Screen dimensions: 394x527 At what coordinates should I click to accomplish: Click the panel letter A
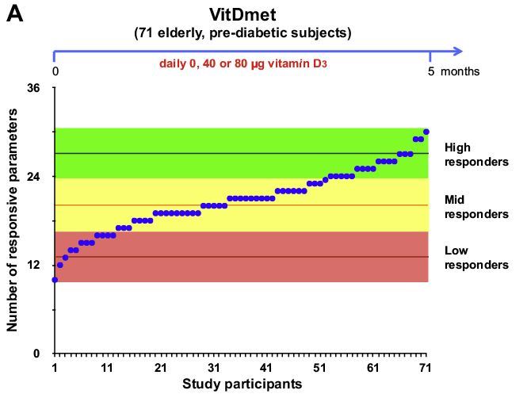pyautogui.click(x=15, y=14)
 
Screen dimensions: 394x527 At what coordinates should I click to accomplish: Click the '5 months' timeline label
pyautogui.click(x=454, y=71)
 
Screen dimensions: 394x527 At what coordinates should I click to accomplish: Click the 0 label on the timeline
pyautogui.click(x=55, y=71)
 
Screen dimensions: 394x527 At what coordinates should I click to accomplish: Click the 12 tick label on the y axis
pyautogui.click(x=34, y=265)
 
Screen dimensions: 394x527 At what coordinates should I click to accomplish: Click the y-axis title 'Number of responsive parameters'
pyautogui.click(x=13, y=220)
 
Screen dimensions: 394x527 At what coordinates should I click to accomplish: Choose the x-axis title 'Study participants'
pyautogui.click(x=242, y=384)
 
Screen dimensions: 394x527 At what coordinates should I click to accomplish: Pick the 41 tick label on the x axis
pyautogui.click(x=266, y=369)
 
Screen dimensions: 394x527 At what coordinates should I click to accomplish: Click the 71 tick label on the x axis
pyautogui.click(x=426, y=369)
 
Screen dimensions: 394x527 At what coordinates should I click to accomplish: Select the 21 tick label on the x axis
pyautogui.click(x=160, y=369)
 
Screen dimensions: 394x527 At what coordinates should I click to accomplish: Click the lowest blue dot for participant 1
pyautogui.click(x=55, y=280)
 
